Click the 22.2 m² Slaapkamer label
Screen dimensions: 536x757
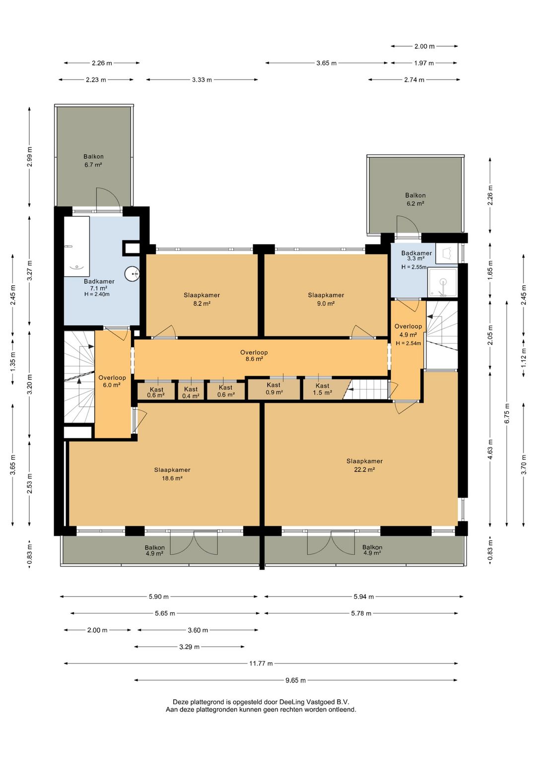(364, 465)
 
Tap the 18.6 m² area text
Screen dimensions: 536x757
(172, 478)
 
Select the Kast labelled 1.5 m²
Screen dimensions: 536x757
(322, 389)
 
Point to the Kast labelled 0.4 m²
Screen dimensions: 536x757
(191, 393)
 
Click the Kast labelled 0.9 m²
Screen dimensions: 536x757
(273, 388)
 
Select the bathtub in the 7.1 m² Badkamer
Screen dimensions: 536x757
(77, 247)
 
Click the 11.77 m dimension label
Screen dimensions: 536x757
(261, 663)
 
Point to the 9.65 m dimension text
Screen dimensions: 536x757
(296, 680)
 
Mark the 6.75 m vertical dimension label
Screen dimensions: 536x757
(507, 413)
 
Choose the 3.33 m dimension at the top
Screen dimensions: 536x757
(202, 80)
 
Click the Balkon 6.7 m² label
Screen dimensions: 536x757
(94, 161)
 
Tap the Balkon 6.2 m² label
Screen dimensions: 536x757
(415, 199)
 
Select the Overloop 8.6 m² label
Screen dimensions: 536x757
(254, 356)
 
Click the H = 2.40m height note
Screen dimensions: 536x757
(97, 294)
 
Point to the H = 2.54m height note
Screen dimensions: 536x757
(408, 343)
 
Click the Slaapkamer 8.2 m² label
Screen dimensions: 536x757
(202, 299)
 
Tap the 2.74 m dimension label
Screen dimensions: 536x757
(414, 80)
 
